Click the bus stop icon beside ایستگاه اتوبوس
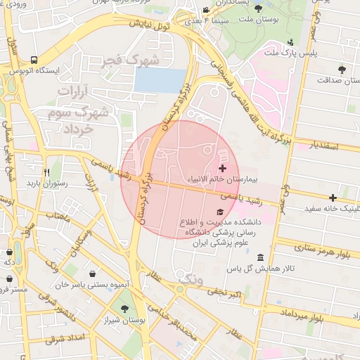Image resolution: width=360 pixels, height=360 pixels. coord(34,59)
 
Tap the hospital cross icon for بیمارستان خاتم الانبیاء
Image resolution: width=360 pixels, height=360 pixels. coord(223,168)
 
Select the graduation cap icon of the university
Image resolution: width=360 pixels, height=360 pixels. coord(219,212)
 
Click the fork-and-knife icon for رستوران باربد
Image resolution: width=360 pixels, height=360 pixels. coord(46,172)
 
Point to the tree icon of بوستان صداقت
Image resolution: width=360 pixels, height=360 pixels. coord(342,69)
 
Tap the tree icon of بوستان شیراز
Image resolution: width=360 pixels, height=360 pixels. coord(124,308)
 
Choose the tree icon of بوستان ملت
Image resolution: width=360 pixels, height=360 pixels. coord(258,9)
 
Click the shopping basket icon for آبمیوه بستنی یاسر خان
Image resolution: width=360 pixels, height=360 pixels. coord(94,273)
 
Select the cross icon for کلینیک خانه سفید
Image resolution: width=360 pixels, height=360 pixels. coord(333,198)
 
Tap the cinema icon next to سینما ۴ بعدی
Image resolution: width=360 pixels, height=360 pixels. coord(205,11)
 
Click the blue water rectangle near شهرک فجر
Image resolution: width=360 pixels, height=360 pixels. coord(160,80)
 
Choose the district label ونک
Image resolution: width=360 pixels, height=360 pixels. coord(189,280)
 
